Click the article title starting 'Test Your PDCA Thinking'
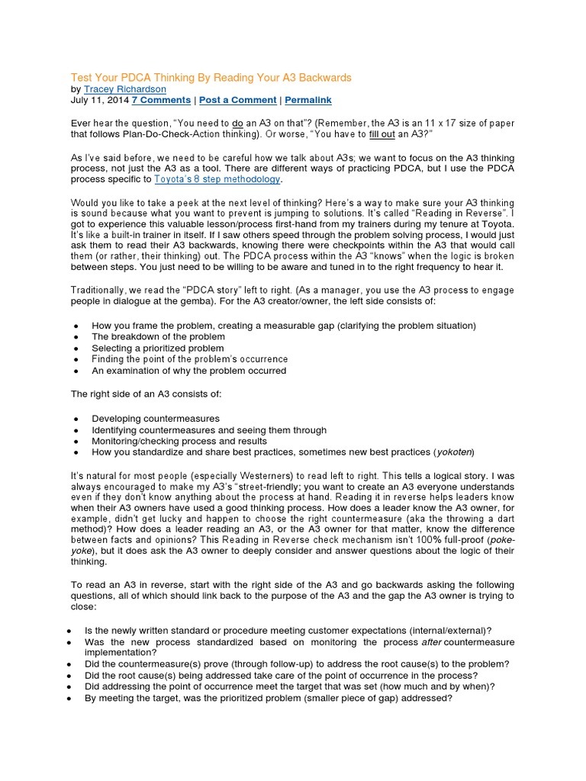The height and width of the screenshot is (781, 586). [211, 78]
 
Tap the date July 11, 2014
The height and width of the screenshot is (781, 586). [98, 100]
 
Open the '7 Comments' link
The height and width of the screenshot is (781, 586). [161, 100]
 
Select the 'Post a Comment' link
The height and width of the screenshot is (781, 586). [238, 100]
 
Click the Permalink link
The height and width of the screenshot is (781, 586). [308, 100]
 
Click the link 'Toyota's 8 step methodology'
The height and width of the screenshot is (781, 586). [217, 179]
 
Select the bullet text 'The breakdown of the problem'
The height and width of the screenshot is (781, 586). [158, 336]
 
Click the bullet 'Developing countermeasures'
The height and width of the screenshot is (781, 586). [156, 418]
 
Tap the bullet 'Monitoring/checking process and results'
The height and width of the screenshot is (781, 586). [179, 441]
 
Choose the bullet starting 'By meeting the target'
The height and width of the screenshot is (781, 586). [269, 696]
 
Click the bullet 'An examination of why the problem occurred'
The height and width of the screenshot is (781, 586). [188, 371]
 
